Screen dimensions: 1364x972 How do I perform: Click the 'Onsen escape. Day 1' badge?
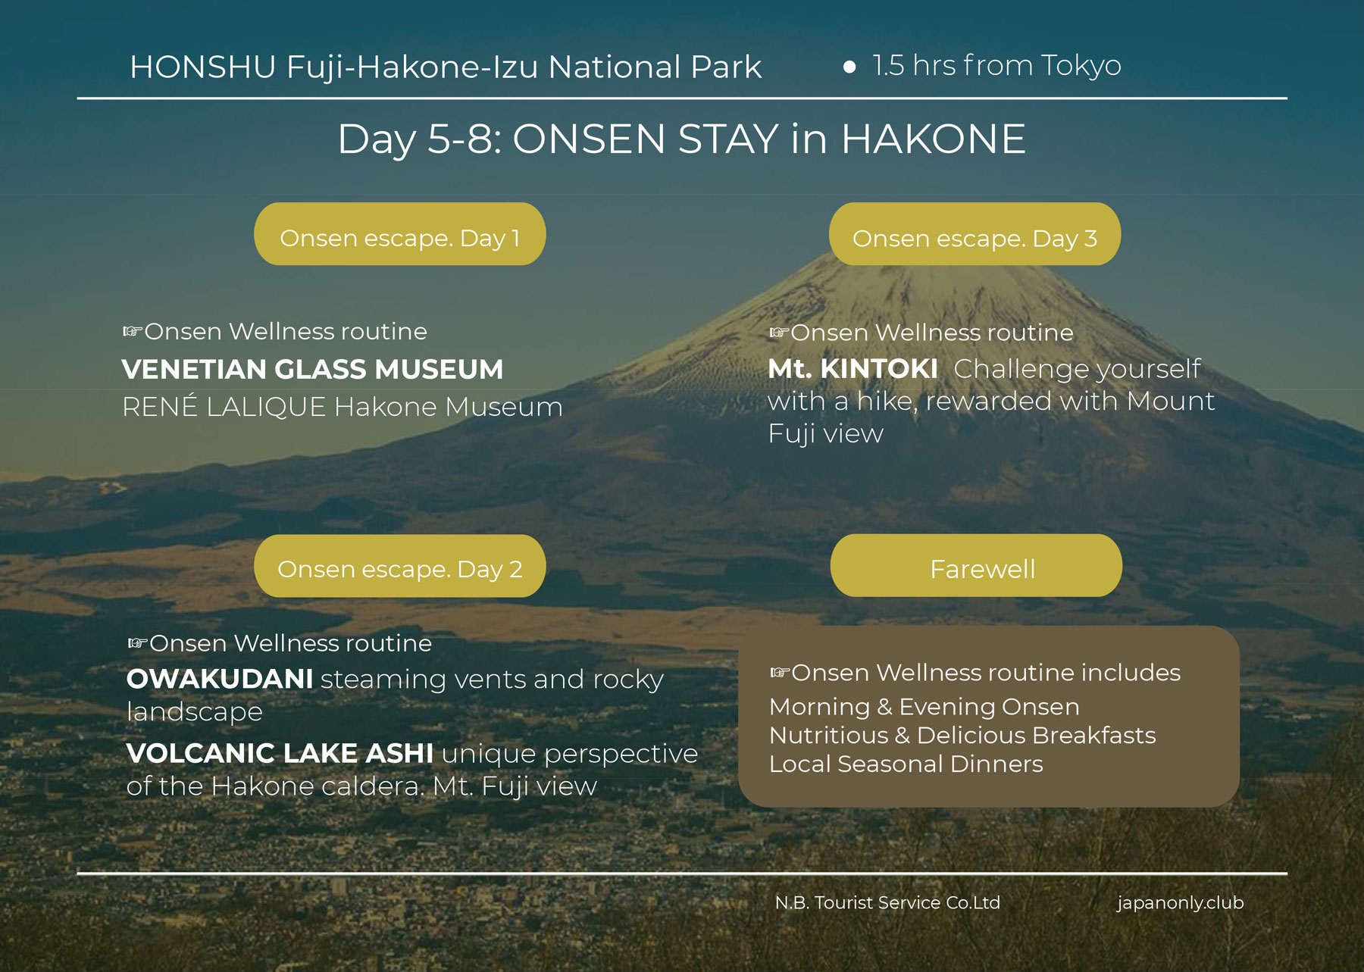399,233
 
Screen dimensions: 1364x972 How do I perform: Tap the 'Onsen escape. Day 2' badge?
399,566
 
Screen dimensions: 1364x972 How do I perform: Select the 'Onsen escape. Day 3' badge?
975,233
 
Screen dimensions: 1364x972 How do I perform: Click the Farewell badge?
976,565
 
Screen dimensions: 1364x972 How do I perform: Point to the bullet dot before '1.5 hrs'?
849,67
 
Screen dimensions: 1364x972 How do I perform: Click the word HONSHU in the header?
203,67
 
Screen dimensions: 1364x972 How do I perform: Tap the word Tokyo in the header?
1081,67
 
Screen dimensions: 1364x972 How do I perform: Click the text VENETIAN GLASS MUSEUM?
312,370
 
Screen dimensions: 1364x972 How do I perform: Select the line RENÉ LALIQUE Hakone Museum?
343,407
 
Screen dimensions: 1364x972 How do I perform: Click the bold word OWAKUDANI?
220,679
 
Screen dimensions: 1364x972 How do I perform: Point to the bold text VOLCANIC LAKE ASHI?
280,753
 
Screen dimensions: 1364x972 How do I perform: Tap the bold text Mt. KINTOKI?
852,369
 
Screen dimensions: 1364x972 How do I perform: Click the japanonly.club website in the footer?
1180,903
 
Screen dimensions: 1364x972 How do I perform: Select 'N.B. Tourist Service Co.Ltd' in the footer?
887,902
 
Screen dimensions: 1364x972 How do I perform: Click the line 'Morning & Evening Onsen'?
924,707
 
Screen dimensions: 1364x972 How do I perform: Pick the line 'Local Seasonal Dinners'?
906,764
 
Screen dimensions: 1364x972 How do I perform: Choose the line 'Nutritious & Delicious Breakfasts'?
962,735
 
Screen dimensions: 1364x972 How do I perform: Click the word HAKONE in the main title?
933,139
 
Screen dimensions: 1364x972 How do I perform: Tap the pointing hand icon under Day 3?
779,333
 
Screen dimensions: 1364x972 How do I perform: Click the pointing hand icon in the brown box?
780,673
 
